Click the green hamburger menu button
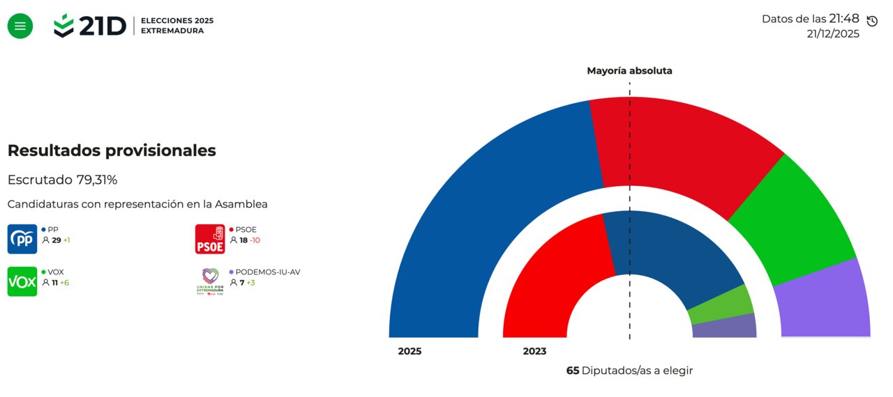click(x=20, y=26)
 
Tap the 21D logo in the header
click(x=90, y=26)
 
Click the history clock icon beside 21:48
click(x=871, y=21)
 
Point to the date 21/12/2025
click(x=833, y=33)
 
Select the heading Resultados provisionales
click(x=112, y=150)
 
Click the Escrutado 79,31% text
click(x=62, y=180)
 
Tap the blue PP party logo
click(x=22, y=239)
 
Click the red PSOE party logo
click(x=209, y=239)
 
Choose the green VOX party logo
click(x=22, y=281)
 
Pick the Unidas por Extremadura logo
click(x=209, y=281)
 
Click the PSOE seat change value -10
click(x=255, y=240)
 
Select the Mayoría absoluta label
click(x=629, y=71)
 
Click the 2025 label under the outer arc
click(x=410, y=352)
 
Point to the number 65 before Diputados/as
click(x=573, y=371)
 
